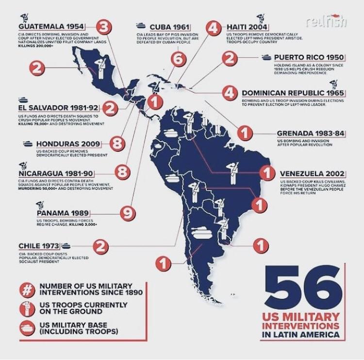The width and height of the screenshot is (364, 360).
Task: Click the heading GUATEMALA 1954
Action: click(x=51, y=26)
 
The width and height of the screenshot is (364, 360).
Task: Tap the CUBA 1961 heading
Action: click(x=169, y=26)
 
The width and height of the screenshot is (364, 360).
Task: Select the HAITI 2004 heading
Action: click(x=245, y=26)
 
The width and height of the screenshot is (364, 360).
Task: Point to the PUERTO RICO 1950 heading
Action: click(x=310, y=57)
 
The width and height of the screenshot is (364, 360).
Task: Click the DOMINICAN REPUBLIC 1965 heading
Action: click(x=293, y=93)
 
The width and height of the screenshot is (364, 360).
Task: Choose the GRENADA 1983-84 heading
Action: click(x=311, y=132)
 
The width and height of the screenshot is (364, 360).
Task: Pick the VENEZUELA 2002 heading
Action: click(x=313, y=174)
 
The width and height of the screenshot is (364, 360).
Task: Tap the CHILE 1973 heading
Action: click(x=38, y=245)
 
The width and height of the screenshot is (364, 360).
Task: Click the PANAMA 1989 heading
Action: click(x=62, y=213)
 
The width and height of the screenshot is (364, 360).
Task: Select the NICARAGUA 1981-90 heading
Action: click(x=55, y=174)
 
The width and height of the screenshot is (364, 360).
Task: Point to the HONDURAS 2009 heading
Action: click(x=68, y=144)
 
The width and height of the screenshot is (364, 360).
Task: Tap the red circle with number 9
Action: click(x=127, y=213)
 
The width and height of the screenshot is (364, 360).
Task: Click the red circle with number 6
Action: click(x=179, y=59)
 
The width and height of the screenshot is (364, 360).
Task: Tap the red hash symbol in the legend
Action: click(x=28, y=289)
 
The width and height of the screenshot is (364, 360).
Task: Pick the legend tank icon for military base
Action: click(x=28, y=328)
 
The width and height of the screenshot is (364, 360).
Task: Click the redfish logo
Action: click(x=328, y=21)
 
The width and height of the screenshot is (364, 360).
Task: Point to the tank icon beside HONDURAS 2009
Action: click(x=27, y=144)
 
